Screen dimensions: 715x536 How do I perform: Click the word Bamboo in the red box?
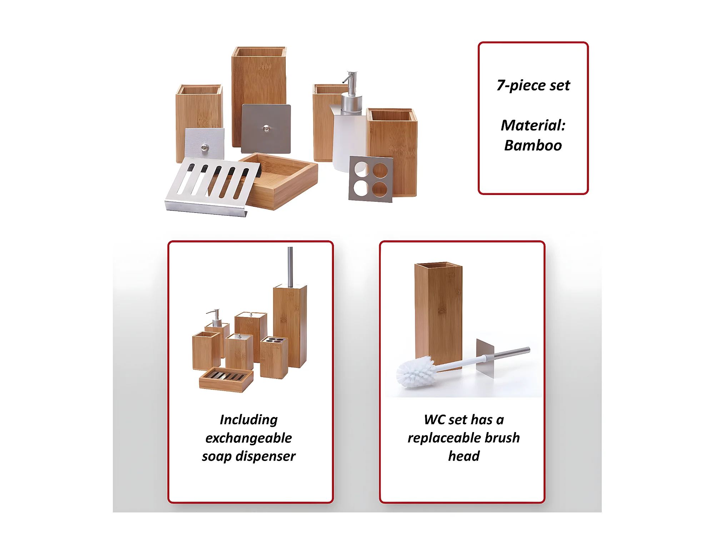point(533,146)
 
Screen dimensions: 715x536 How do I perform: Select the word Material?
point(533,125)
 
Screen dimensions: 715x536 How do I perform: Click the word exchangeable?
point(249,438)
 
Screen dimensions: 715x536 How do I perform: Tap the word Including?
point(249,420)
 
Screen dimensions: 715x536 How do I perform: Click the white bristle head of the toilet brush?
point(416,372)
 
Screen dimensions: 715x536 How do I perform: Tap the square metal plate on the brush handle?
point(485,358)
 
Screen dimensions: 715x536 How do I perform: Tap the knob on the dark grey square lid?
point(266,128)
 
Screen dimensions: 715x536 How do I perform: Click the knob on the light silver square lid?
point(205,147)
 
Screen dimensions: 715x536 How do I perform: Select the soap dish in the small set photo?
point(226,380)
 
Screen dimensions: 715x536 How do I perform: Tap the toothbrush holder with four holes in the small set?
point(274,358)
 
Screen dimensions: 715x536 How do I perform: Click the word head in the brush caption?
point(464,456)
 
